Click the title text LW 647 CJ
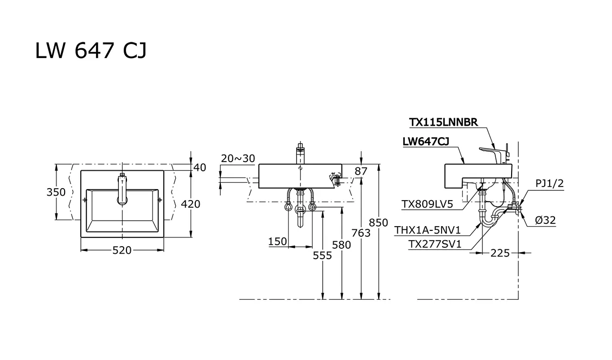91,51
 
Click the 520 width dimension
122,250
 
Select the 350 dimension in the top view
56,192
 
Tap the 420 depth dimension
190,204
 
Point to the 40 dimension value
200,168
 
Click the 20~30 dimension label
238,158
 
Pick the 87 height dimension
361,171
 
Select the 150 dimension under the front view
277,241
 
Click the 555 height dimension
322,255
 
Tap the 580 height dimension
341,245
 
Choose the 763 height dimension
361,233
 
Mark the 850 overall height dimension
379,222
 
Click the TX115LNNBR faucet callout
443,123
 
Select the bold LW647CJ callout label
425,142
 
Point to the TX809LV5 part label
427,204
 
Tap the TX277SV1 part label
435,245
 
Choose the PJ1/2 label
549,183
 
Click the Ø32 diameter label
545,220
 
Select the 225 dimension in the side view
500,253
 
